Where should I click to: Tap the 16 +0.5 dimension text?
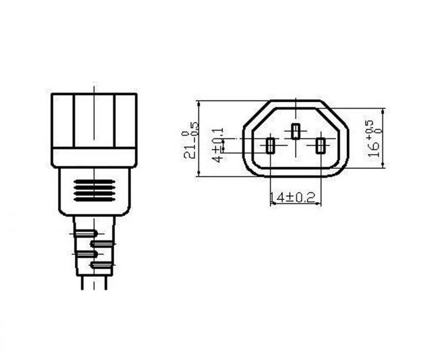tap(373, 139)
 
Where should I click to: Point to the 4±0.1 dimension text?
tap(217, 144)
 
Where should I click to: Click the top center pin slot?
tap(296, 132)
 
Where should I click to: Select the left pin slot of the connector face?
tap(271, 145)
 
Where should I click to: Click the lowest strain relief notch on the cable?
tap(92, 264)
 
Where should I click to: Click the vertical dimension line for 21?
tap(198, 139)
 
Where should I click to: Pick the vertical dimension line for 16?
tap(383, 139)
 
